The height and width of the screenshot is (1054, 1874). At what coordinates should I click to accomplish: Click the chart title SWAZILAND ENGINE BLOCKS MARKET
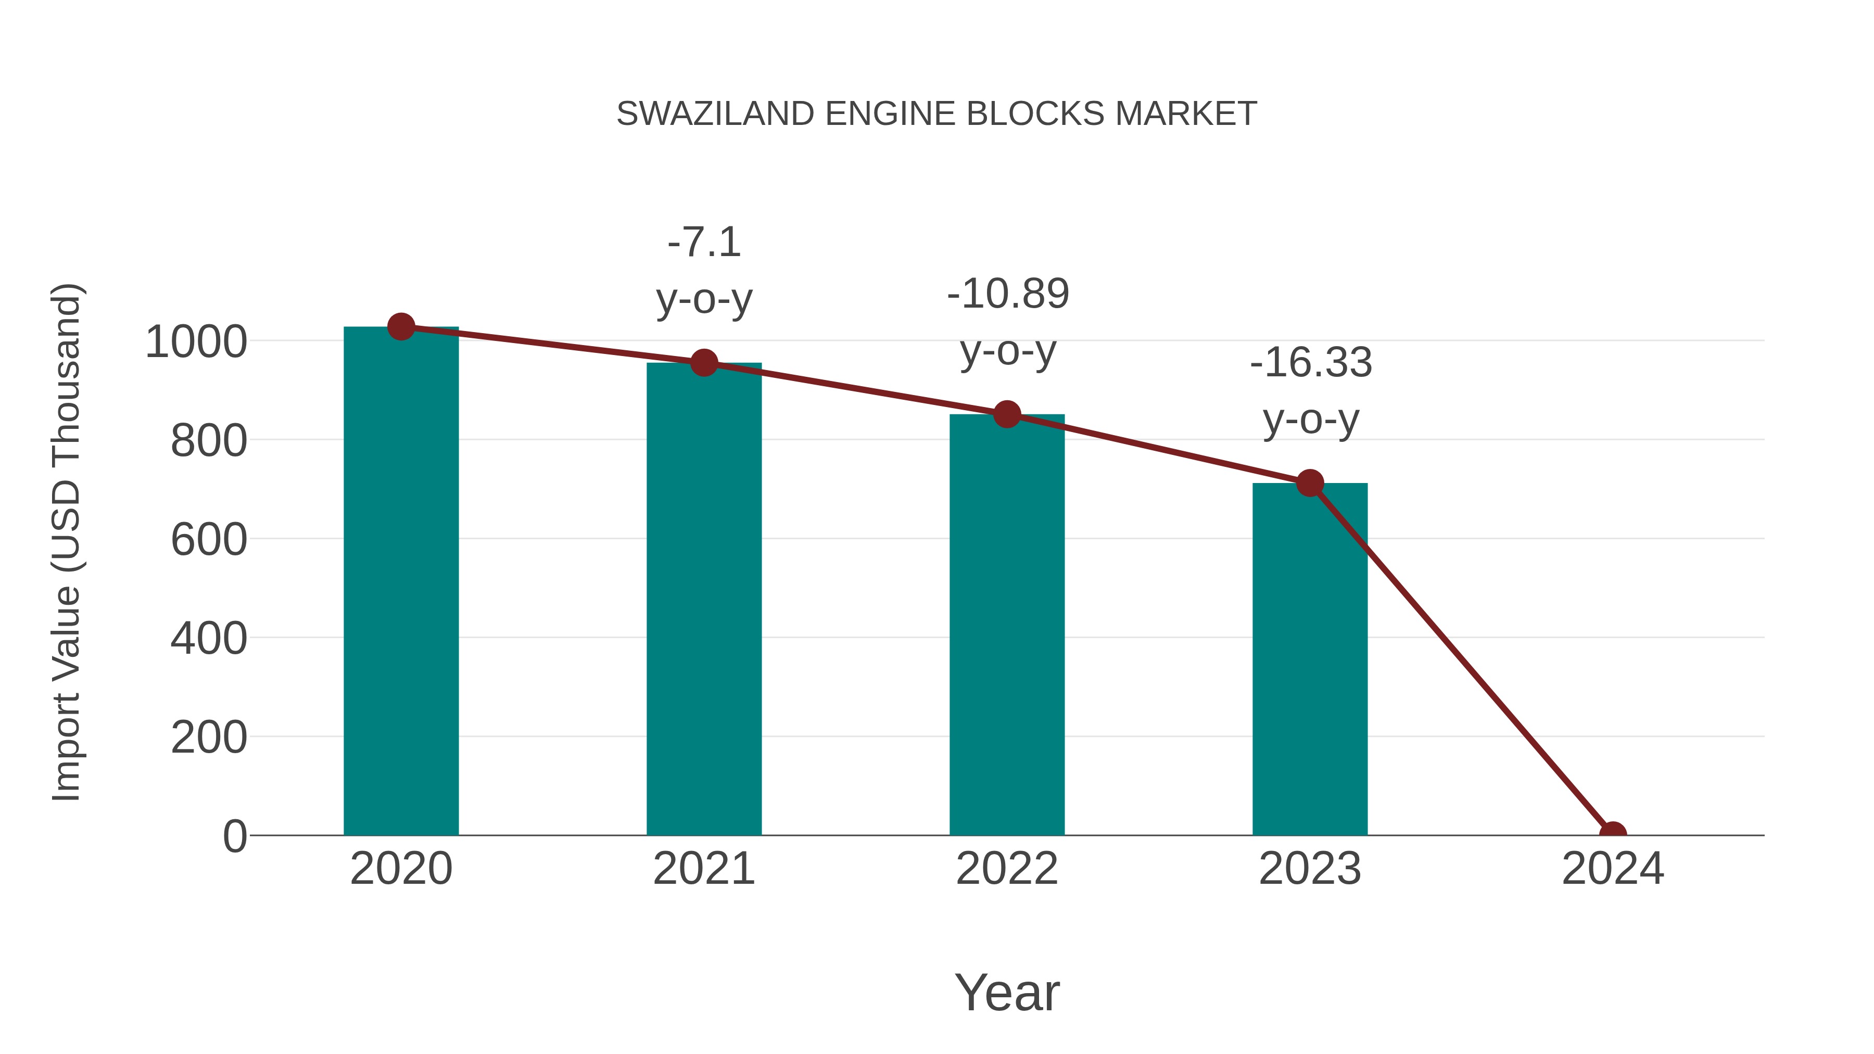click(x=936, y=114)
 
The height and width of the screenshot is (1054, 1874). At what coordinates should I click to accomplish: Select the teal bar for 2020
click(x=401, y=582)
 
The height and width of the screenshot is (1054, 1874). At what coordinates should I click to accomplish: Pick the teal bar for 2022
click(x=1006, y=626)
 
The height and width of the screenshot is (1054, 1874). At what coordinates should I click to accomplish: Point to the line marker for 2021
click(x=703, y=362)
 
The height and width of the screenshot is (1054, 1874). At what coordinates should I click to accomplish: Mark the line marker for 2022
click(x=1006, y=415)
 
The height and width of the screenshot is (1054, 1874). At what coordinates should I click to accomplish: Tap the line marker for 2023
click(x=1310, y=483)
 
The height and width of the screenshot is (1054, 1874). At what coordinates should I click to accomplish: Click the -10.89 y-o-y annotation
click(x=1008, y=322)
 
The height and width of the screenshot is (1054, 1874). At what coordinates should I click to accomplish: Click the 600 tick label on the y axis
click(x=209, y=540)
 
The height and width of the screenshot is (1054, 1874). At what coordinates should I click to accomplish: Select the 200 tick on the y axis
click(x=209, y=738)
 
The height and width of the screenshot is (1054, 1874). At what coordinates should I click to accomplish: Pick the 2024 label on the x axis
click(x=1612, y=869)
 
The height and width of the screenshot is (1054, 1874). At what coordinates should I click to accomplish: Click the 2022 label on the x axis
click(x=1006, y=869)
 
